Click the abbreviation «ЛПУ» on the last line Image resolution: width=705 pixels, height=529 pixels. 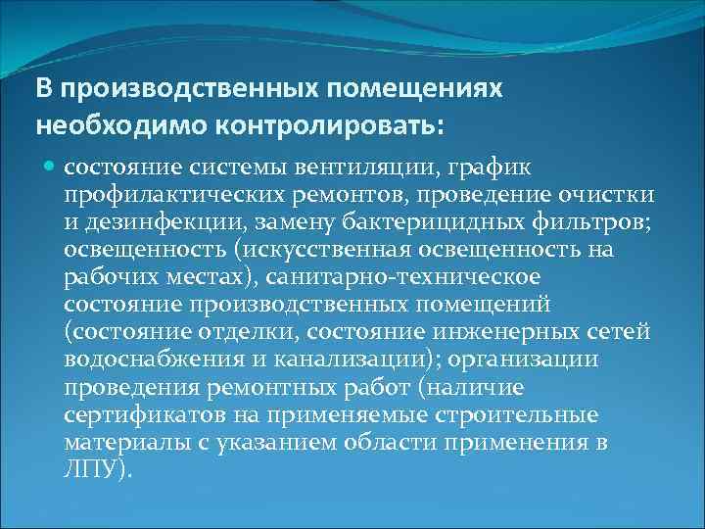click(89, 469)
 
